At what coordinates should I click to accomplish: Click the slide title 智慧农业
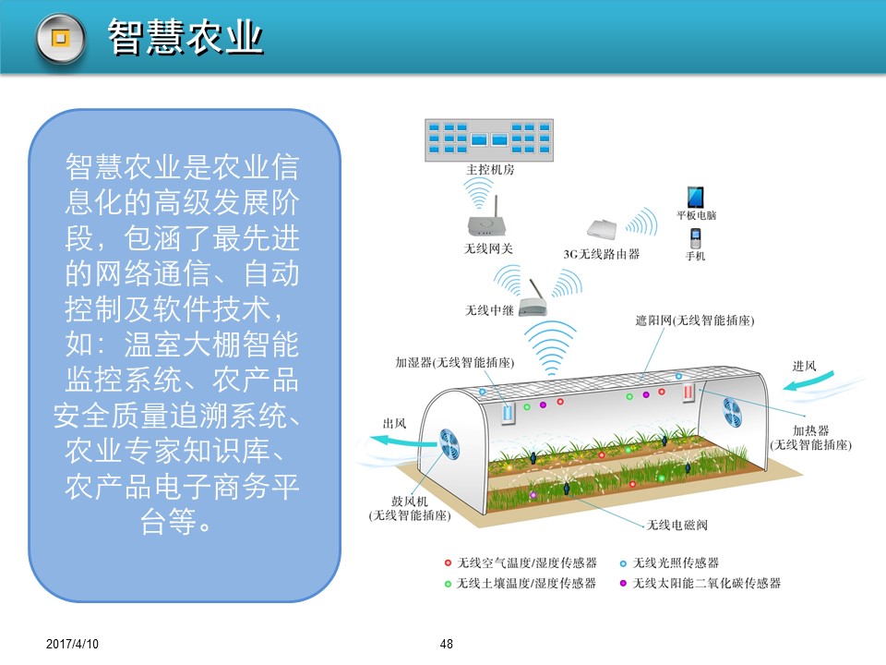pos(186,37)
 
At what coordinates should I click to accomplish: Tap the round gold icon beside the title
pos(61,39)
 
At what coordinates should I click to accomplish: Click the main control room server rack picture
pos(489,140)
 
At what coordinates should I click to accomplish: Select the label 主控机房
pos(490,170)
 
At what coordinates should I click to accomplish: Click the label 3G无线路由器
pos(601,255)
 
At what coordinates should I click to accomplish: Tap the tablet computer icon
pos(695,198)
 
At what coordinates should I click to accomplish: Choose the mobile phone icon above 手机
pos(696,238)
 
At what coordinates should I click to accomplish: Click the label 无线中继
pos(489,310)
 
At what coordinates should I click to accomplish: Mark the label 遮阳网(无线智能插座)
pos(694,320)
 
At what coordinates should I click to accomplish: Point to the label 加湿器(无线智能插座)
pos(454,362)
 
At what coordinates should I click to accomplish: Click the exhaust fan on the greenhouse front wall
pos(449,444)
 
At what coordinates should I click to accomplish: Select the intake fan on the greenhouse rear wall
pos(732,412)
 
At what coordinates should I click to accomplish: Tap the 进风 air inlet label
pos(804,367)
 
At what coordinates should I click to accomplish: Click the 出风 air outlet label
pos(394,424)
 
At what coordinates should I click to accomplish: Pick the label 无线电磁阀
pos(676,526)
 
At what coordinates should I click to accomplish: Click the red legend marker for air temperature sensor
pos(448,563)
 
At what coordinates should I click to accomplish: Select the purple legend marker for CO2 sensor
pos(623,584)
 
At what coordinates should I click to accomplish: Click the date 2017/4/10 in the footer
pos(72,644)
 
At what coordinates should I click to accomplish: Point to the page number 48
pos(447,644)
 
